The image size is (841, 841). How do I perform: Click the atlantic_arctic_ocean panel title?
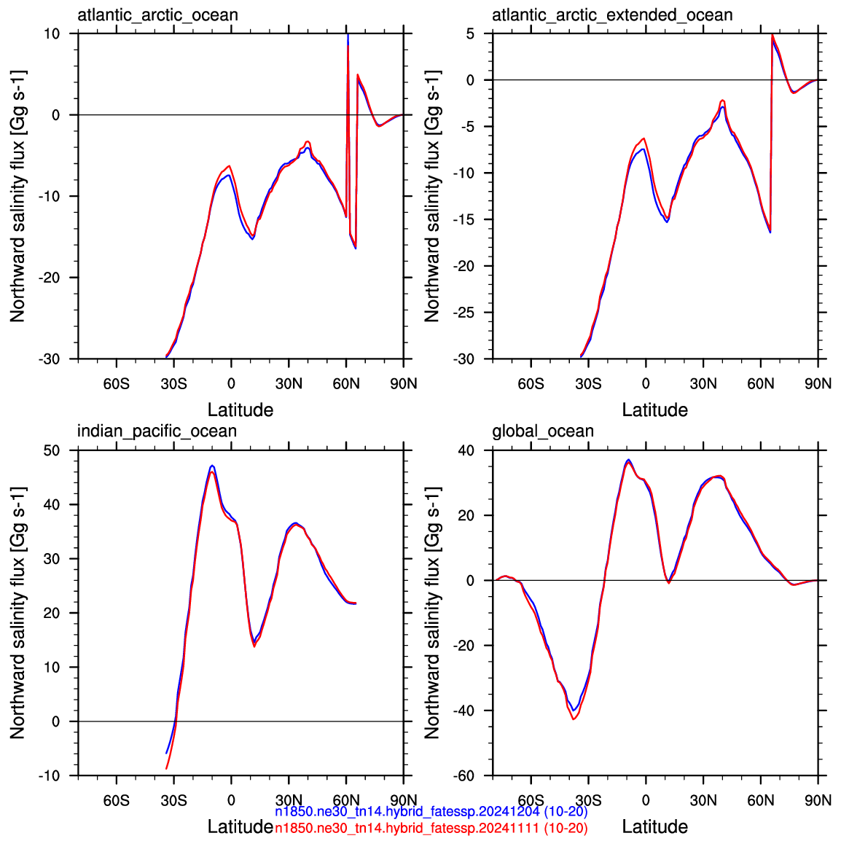point(157,15)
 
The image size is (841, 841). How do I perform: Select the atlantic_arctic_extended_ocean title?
point(612,15)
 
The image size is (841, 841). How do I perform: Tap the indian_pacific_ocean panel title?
point(157,431)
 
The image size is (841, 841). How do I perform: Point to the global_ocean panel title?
point(543,431)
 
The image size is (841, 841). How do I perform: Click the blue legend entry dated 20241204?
point(431,812)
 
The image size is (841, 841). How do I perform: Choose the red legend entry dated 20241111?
point(431,828)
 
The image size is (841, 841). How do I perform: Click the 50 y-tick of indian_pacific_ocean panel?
point(52,450)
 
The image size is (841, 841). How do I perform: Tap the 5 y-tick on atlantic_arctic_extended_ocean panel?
point(470,34)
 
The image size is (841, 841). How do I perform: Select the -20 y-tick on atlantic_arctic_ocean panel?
point(49,278)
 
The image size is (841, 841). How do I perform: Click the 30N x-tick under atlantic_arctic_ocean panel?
point(289,384)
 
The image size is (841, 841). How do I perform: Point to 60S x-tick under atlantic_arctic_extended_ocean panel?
point(531,384)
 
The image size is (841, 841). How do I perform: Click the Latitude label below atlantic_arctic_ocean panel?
point(240,410)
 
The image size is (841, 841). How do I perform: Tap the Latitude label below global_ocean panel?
point(655,826)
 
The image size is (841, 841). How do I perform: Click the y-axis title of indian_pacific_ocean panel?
point(17,612)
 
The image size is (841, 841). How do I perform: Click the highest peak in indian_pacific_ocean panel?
point(212,466)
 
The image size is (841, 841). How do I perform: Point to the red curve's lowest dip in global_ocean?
point(574,719)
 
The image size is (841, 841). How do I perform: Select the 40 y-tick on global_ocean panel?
point(466,450)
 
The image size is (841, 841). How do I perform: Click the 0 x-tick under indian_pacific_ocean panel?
point(231,801)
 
